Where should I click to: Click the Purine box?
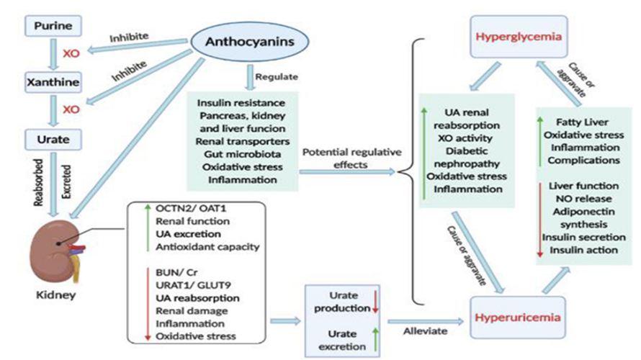[53, 26]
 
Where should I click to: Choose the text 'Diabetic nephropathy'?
[466, 158]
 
